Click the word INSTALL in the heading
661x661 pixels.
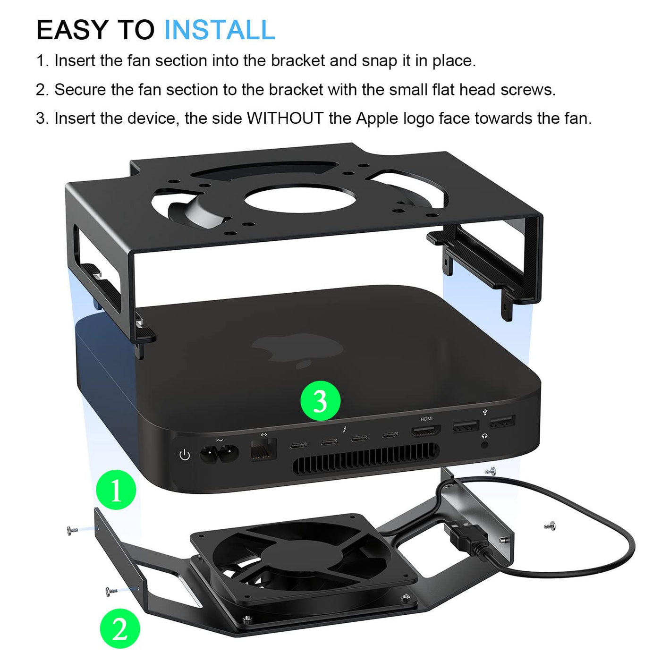(x=220, y=30)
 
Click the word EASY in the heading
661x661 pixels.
(x=72, y=30)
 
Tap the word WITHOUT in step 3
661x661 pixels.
(x=285, y=119)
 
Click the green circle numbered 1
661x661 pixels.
(x=116, y=490)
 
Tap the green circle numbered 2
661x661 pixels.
(x=120, y=628)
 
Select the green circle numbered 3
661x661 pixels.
(x=321, y=401)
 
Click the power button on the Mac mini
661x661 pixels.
(x=185, y=455)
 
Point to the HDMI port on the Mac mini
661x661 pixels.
(x=426, y=431)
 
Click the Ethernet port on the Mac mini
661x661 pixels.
(x=263, y=449)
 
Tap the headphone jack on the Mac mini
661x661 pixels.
(x=484, y=445)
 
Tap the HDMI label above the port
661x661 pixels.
(x=426, y=419)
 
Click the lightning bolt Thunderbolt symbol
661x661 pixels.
(x=344, y=429)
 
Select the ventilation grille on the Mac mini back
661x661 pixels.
(x=365, y=458)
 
